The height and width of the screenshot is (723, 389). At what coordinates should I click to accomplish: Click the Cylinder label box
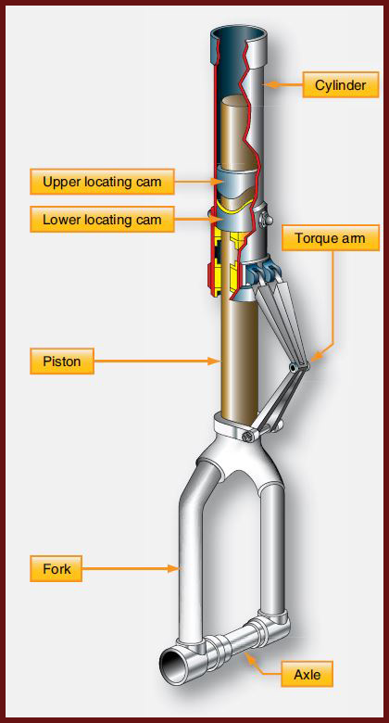341,85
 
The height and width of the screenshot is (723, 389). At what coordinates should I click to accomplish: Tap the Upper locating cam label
102,181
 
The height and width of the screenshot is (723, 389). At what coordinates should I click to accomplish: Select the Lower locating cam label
102,219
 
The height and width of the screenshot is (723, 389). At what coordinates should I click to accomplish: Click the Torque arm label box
331,238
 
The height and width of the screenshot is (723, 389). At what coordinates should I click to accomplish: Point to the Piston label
62,361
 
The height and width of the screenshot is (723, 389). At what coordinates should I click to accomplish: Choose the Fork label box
56,568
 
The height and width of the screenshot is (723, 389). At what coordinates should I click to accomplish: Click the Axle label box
307,674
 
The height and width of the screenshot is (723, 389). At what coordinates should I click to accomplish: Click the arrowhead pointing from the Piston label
213,361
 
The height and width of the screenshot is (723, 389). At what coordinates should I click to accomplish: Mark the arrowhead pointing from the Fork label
173,568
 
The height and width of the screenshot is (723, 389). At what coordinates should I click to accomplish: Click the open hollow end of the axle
173,666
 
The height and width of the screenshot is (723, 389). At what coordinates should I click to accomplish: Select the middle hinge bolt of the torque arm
293,367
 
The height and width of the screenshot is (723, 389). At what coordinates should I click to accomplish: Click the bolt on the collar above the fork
248,437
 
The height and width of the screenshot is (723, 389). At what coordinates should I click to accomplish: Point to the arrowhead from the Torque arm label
315,357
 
